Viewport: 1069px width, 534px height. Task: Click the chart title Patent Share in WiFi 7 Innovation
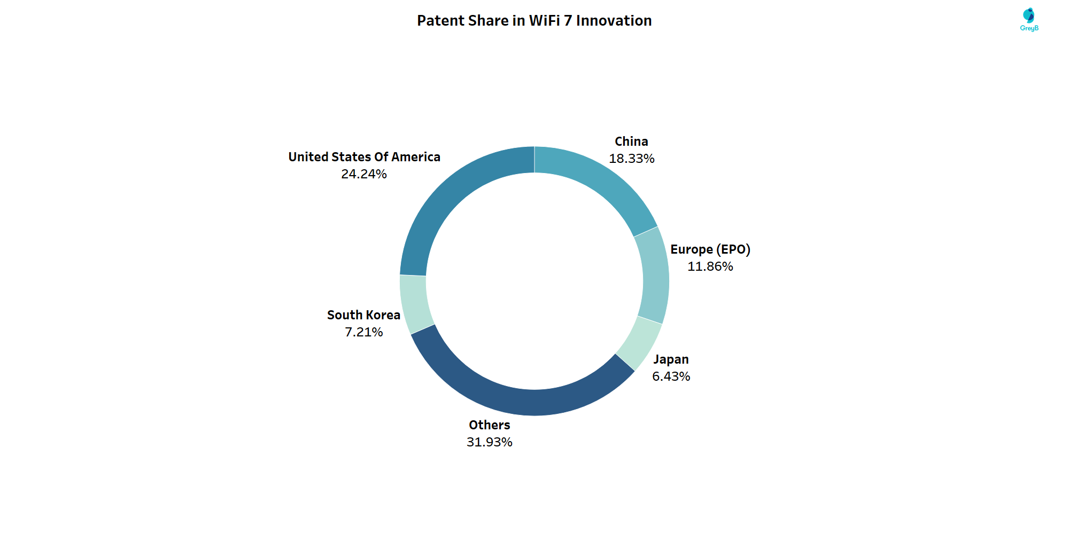pyautogui.click(x=534, y=21)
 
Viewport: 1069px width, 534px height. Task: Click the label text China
pyautogui.click(x=631, y=142)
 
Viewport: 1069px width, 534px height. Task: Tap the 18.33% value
pyautogui.click(x=631, y=159)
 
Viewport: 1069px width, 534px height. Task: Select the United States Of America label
pyautogui.click(x=364, y=157)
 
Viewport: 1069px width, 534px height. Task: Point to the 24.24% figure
pyautogui.click(x=363, y=174)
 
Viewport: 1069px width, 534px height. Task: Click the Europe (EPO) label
pyautogui.click(x=710, y=249)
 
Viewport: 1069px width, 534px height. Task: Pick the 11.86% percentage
pyautogui.click(x=710, y=266)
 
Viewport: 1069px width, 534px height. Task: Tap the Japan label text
pyautogui.click(x=671, y=359)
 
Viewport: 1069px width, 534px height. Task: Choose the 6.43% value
pyautogui.click(x=671, y=376)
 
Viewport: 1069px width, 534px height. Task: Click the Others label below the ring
pyautogui.click(x=489, y=425)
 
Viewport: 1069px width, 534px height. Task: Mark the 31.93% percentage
pyautogui.click(x=489, y=442)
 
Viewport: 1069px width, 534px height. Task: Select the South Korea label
pyautogui.click(x=363, y=315)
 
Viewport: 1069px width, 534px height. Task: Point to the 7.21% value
pyautogui.click(x=363, y=332)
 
